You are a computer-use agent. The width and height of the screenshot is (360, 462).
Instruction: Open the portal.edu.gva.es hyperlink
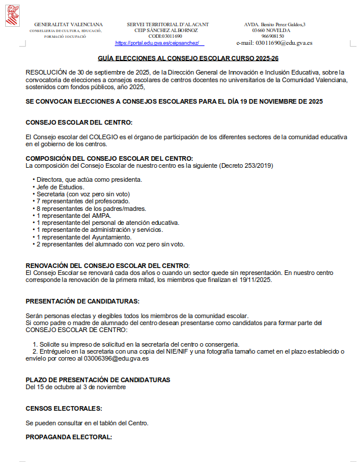(x=160, y=43)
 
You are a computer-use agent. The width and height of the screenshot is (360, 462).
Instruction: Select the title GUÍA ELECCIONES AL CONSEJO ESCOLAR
(x=188, y=59)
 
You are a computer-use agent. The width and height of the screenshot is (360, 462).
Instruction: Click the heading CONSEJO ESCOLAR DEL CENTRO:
(x=79, y=122)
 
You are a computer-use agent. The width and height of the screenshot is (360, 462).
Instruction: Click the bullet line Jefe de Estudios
(x=61, y=186)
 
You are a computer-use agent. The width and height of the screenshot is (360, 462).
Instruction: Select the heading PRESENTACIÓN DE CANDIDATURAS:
(x=83, y=301)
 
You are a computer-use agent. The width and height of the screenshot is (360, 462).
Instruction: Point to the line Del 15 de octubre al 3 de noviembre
(x=76, y=387)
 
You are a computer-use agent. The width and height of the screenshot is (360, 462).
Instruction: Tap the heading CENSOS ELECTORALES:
(x=64, y=408)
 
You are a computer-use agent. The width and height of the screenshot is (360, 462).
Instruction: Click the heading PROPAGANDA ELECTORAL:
(x=69, y=437)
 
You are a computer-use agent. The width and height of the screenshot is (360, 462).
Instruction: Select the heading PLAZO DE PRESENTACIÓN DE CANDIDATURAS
(x=98, y=380)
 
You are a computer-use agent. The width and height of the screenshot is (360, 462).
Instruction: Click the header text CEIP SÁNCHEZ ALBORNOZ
(x=168, y=30)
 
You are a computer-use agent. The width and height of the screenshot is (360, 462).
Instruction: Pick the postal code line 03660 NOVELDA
(x=274, y=30)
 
